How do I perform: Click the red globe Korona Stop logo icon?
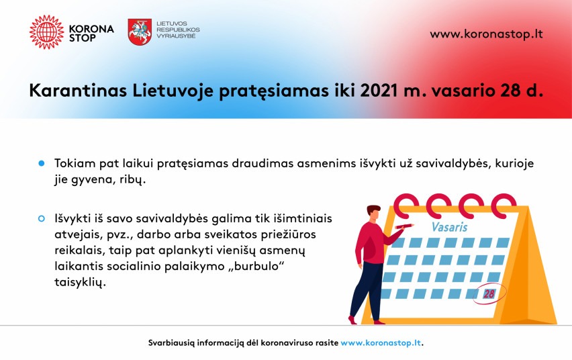(46, 32)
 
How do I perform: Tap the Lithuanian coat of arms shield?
(140, 32)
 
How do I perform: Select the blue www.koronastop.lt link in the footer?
(381, 343)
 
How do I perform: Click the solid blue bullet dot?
(41, 163)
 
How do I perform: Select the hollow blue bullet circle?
(41, 219)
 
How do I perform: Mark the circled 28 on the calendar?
(489, 294)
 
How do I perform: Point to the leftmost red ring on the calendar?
(406, 204)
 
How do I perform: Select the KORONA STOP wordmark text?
(91, 33)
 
